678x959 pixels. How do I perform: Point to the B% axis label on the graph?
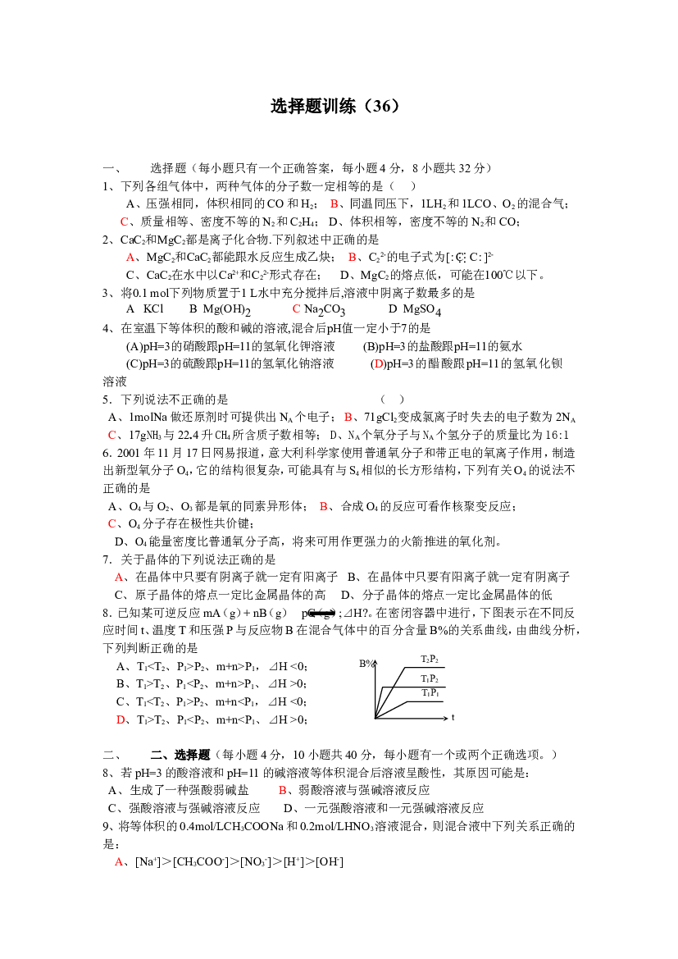click(366, 664)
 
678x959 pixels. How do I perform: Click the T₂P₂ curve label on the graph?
click(430, 659)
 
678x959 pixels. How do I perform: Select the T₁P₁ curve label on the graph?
click(430, 692)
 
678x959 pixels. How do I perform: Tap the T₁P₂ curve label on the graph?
click(430, 678)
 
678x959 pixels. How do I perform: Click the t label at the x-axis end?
click(453, 717)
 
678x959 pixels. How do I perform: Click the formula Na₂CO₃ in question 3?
click(325, 310)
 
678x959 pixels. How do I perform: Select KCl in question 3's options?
click(153, 308)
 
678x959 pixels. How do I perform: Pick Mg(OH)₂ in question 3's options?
click(227, 310)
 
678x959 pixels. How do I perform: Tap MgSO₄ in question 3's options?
click(422, 310)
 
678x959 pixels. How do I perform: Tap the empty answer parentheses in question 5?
click(393, 400)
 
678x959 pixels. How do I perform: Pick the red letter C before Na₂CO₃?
click(296, 308)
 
